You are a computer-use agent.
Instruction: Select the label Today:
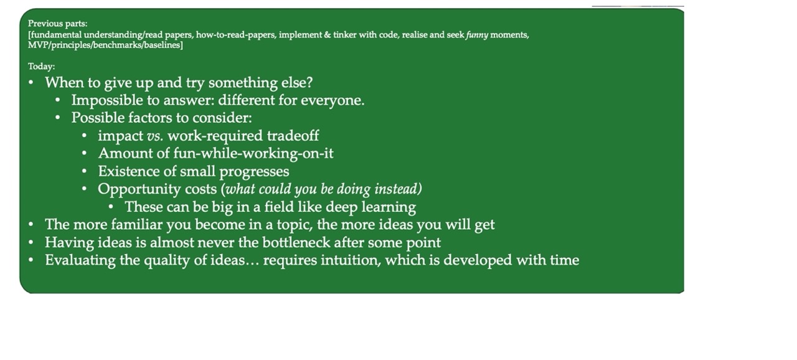pos(41,67)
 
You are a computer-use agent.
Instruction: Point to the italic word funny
pos(477,36)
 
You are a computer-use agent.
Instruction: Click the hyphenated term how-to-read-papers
pos(236,35)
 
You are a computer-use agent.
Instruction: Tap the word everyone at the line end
pos(332,101)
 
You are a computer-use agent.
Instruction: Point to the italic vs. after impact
pos(155,136)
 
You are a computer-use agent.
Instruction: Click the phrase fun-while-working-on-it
pos(253,154)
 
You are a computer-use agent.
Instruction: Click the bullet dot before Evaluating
pos(31,260)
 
